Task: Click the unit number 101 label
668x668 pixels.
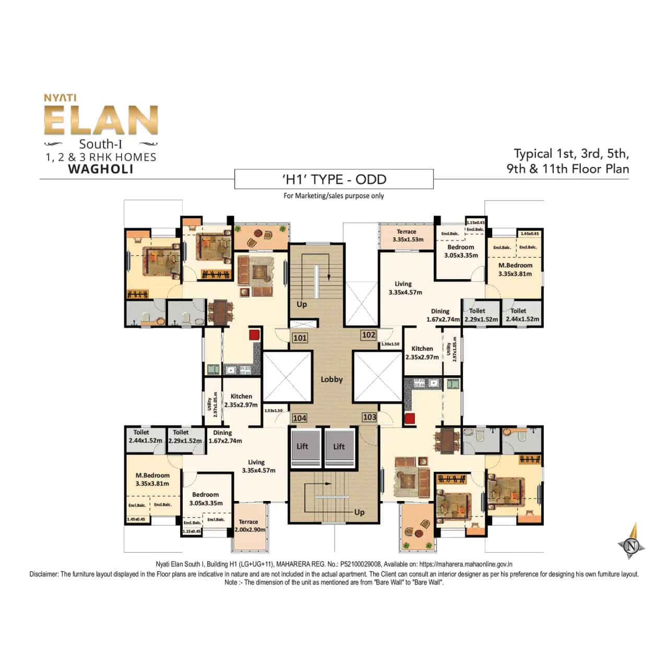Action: click(x=300, y=338)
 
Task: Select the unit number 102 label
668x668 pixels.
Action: click(x=368, y=335)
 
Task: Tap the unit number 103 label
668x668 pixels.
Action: click(x=369, y=417)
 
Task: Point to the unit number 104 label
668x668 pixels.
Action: click(x=300, y=418)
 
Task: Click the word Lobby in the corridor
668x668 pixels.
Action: click(x=332, y=379)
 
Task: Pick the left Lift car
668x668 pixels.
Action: click(x=305, y=447)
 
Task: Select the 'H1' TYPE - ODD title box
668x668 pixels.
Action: click(x=334, y=180)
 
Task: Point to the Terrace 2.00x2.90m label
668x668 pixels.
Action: click(x=249, y=526)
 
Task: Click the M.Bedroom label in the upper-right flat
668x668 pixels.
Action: click(x=515, y=269)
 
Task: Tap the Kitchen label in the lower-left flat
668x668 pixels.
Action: click(x=241, y=400)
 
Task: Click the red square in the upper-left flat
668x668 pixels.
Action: click(x=254, y=335)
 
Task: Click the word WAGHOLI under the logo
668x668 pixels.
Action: click(x=101, y=169)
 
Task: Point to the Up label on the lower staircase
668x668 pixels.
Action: click(x=359, y=512)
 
